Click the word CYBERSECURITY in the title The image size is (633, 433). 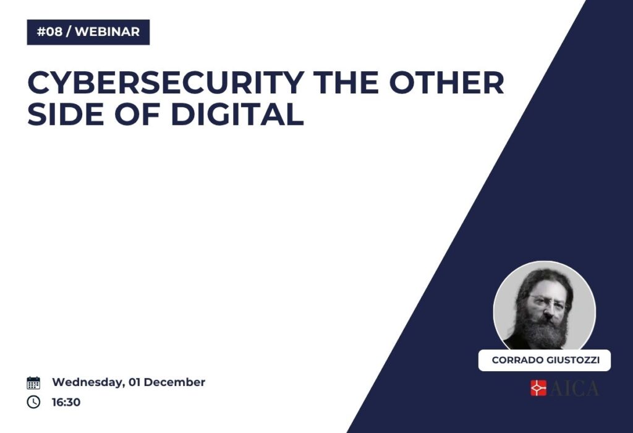(x=166, y=82)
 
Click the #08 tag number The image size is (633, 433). (x=49, y=32)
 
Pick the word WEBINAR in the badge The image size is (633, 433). (x=108, y=32)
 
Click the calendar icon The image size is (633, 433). (x=33, y=382)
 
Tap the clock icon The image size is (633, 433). (x=33, y=402)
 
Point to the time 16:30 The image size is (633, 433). (x=66, y=402)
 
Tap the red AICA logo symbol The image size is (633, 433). (x=538, y=388)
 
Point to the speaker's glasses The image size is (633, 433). (x=547, y=302)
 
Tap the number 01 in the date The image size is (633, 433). (x=134, y=382)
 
